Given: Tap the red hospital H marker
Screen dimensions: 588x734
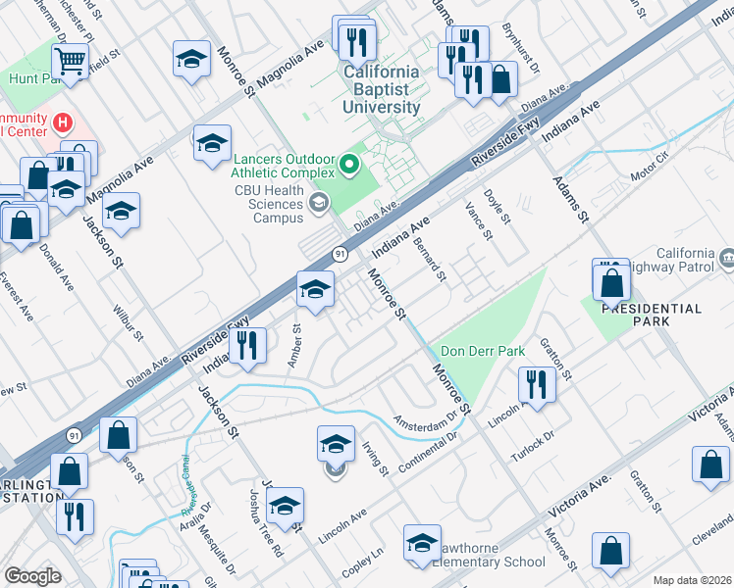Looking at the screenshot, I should click(x=63, y=122).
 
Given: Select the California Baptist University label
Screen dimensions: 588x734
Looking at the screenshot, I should click(x=382, y=89).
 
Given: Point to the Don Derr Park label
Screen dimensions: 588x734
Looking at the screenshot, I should click(x=482, y=351).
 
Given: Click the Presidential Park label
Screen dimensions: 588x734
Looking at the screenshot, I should click(x=652, y=309).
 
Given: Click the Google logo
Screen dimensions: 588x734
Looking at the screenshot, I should click(x=32, y=575).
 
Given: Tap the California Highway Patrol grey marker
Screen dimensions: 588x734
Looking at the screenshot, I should click(x=727, y=259).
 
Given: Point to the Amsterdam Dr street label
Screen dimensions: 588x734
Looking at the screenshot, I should click(x=426, y=418).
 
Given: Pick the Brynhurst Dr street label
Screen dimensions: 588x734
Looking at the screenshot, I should click(x=521, y=48).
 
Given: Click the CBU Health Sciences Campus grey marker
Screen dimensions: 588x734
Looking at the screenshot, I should click(x=317, y=203).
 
